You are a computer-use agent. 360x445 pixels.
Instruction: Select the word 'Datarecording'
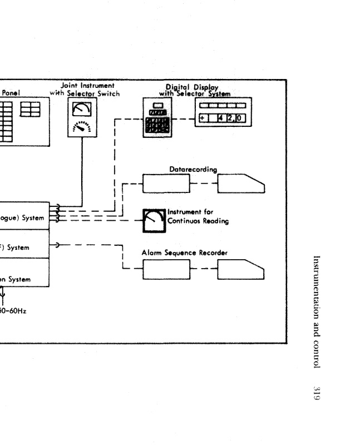193,169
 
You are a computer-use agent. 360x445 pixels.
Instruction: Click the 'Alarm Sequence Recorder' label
184,253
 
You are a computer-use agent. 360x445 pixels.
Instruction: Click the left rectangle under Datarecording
166,184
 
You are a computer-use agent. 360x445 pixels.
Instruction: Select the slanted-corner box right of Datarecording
240,184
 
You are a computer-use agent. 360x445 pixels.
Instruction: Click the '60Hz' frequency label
12,311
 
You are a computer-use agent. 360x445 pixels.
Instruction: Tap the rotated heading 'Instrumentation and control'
317,312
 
